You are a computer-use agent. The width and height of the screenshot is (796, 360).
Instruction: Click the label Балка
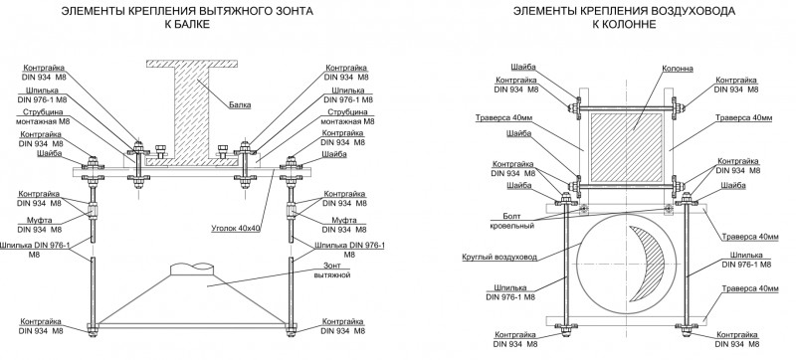[x=241, y=105]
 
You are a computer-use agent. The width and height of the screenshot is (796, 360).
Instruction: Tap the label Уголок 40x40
[x=236, y=228]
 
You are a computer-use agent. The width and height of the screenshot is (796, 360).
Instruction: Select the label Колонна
[x=678, y=68]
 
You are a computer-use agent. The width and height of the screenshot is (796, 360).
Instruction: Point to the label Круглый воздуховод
[x=499, y=258]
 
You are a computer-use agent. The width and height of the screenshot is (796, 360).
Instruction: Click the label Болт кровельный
[x=512, y=221]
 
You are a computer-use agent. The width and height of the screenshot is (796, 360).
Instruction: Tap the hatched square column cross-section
[x=627, y=146]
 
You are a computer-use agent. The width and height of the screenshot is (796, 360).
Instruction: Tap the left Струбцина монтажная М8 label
[x=43, y=116]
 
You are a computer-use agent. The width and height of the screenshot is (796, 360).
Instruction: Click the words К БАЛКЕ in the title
[x=187, y=24]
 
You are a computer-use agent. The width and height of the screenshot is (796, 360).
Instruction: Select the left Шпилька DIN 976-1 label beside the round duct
[x=510, y=292]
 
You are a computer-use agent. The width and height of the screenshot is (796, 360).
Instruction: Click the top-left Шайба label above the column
[x=523, y=68]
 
